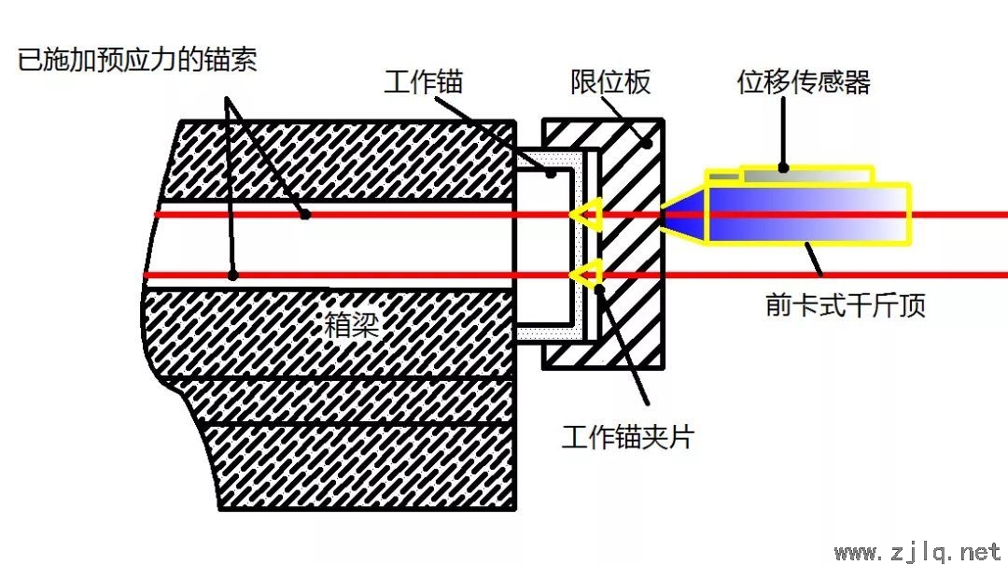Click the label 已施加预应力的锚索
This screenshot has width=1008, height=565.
(137, 60)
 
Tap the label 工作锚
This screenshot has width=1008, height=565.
(424, 82)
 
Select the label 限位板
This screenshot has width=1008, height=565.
(610, 82)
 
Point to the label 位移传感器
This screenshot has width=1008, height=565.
(804, 82)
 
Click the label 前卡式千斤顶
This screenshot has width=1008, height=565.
(846, 304)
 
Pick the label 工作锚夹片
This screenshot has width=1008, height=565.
(628, 437)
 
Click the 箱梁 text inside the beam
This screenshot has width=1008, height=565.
(351, 324)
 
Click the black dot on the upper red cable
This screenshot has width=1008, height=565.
(305, 214)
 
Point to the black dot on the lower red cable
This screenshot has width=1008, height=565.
(233, 275)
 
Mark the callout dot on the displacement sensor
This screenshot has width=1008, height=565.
(783, 168)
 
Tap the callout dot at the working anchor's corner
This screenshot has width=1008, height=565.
(551, 174)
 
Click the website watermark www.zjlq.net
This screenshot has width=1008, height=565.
(918, 552)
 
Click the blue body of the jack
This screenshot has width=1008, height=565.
(807, 214)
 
